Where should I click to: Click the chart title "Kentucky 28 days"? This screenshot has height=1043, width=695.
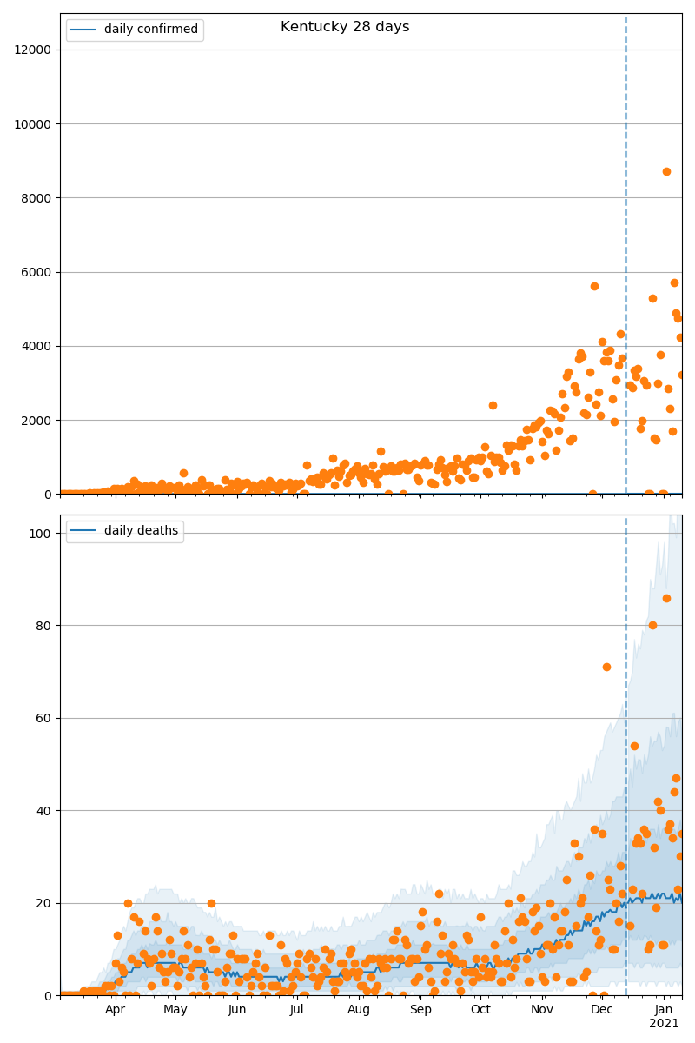[x=345, y=27]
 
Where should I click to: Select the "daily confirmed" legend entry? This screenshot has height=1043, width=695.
[x=150, y=30]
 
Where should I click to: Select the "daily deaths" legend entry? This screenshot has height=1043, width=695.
[x=141, y=531]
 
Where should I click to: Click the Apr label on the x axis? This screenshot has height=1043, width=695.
[x=116, y=1010]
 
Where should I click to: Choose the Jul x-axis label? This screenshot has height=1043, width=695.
[x=297, y=1010]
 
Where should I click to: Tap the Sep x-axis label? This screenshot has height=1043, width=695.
[x=420, y=1010]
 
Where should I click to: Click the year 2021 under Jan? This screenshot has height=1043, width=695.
[x=665, y=1024]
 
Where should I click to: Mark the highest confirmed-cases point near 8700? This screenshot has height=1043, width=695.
[x=666, y=171]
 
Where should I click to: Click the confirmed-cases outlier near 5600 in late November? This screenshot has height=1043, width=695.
[x=594, y=286]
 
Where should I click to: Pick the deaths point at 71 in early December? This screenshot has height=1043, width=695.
[x=606, y=667]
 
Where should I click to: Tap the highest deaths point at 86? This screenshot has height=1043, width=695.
[x=666, y=598]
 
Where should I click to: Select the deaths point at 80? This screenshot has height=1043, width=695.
[x=652, y=625]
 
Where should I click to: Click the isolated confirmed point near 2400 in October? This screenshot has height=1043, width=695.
[x=493, y=405]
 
